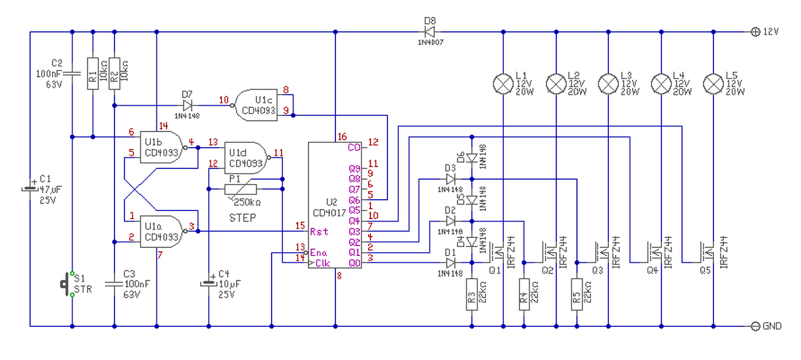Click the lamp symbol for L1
coord(503,84)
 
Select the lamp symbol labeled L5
coord(713,84)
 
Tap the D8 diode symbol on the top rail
coord(429,32)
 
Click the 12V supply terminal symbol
coord(755,32)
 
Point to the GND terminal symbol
coord(755,326)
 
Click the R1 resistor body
coord(93,73)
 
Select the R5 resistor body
coord(577,294)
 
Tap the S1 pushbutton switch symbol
coord(67,284)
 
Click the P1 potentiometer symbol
coord(241,189)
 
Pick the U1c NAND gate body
coord(256,105)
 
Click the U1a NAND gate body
coord(161,232)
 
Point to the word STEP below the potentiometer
coord(242,218)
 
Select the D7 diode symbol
coord(187,106)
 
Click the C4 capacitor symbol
coord(208,284)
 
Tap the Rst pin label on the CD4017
coord(319,232)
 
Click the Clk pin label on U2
coord(322,263)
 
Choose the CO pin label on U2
coord(354,147)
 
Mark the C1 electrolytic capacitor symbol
coord(30,187)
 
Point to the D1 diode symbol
coord(451,263)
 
